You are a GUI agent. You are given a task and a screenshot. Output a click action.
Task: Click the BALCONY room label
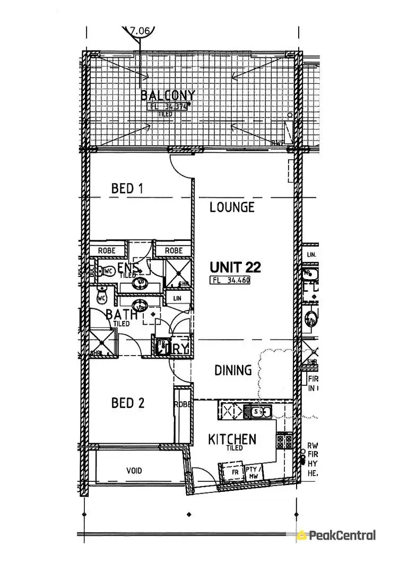click(168, 96)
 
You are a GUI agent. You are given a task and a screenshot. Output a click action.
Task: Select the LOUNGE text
click(232, 207)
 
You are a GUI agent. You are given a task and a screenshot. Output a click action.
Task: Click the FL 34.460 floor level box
click(230, 280)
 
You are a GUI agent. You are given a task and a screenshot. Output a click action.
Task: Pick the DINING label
click(233, 370)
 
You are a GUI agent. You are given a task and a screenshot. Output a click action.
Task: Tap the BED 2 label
click(128, 403)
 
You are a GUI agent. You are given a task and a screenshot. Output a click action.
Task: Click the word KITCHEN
click(232, 439)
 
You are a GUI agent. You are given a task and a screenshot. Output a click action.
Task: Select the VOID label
click(134, 471)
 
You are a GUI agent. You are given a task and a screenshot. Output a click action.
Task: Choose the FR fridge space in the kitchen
click(231, 472)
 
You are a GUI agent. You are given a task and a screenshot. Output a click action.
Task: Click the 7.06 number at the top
click(140, 31)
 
